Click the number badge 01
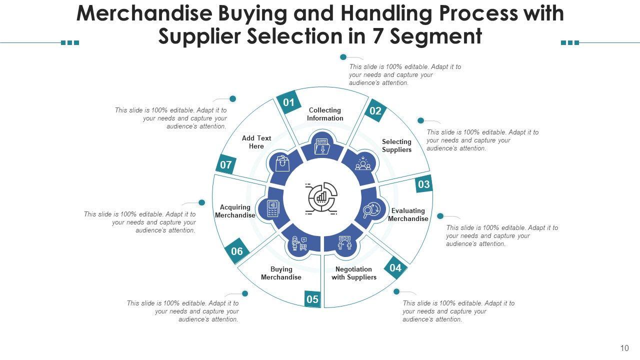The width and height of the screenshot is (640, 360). [288, 102]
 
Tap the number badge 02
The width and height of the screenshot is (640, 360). [375, 111]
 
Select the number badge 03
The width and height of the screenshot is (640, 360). [424, 184]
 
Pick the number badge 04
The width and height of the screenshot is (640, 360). [395, 268]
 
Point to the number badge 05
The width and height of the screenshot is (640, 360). [312, 299]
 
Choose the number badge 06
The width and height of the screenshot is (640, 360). [237, 251]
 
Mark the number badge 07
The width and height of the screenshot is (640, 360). [226, 164]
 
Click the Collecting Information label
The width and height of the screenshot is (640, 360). [325, 114]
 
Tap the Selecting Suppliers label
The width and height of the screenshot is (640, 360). [396, 145]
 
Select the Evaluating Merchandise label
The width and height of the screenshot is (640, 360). [408, 214]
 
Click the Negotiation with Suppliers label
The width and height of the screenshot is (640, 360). [354, 273]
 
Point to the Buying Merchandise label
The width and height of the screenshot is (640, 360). [281, 273]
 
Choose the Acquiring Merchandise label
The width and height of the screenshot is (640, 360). [235, 211]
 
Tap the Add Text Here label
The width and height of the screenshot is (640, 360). [256, 142]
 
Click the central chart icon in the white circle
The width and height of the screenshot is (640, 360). [321, 198]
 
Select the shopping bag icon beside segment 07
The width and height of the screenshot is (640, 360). [282, 162]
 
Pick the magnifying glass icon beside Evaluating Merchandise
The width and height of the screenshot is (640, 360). [371, 210]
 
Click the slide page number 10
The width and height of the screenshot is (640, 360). [624, 348]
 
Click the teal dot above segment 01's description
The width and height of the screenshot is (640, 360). [343, 57]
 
